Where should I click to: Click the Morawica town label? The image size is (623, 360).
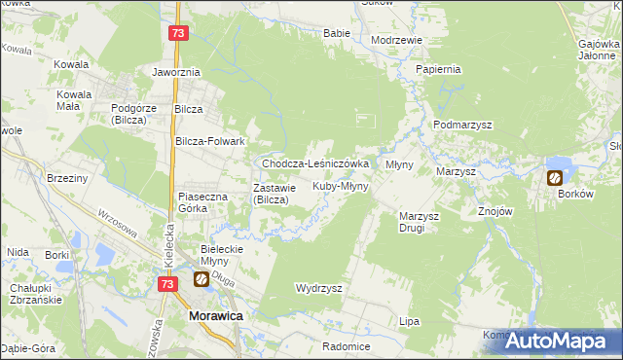(215, 317)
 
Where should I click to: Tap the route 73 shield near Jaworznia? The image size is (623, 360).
(176, 34)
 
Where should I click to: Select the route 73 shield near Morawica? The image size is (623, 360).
(168, 284)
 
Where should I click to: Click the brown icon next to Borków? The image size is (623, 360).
(554, 178)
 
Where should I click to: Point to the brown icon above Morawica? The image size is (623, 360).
(201, 280)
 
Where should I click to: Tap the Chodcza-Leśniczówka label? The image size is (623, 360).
(314, 164)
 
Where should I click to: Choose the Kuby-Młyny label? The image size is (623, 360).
(340, 186)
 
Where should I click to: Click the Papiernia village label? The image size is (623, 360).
(437, 70)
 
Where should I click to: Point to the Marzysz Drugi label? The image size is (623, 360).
(421, 222)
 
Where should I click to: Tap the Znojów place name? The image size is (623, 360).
(490, 212)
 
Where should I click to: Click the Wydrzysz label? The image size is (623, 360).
(318, 289)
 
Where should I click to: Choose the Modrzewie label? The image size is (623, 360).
(396, 40)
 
